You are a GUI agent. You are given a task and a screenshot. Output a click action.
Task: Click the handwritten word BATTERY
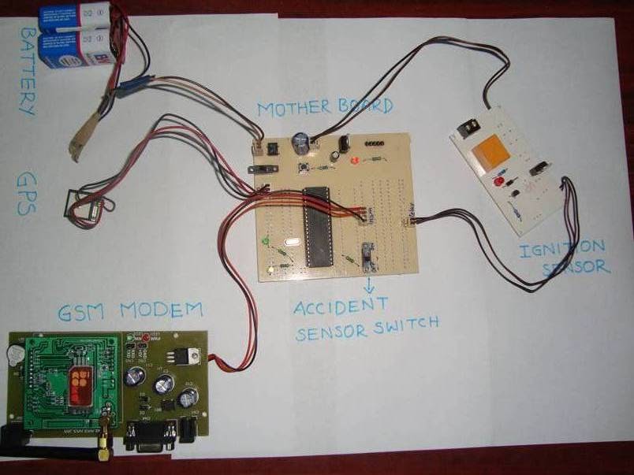(x=27, y=72)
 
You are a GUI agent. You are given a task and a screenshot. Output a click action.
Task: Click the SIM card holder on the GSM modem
(x=82, y=388)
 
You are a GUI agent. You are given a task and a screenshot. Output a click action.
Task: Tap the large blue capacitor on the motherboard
(x=300, y=142)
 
